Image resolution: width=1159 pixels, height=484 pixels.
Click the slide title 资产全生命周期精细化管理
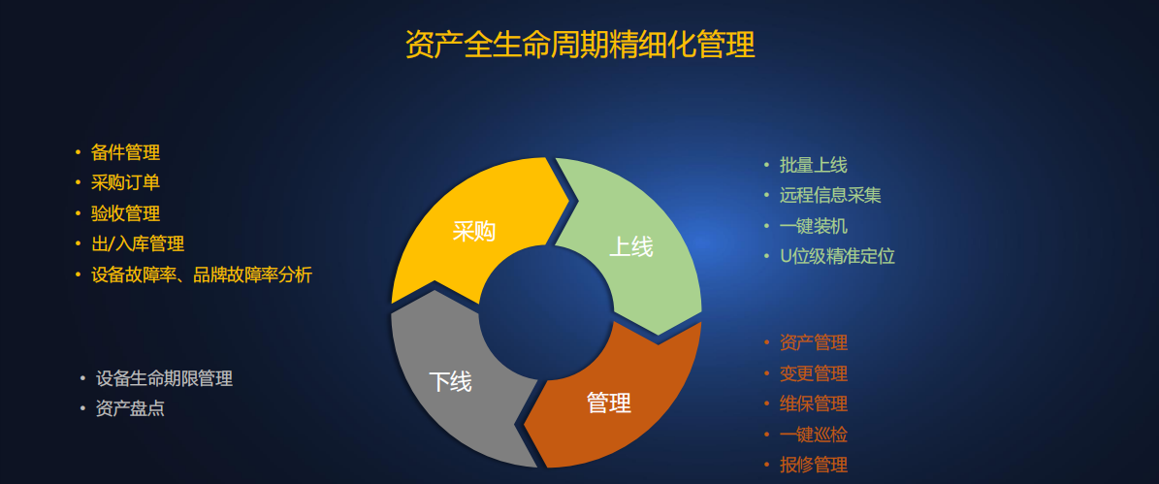point(580,45)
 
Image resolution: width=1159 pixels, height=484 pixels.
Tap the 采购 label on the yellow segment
point(474,231)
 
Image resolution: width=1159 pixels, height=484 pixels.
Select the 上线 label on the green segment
point(630,246)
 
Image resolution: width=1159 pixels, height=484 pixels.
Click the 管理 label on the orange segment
point(608,403)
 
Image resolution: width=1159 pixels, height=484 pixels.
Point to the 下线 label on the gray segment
point(450,381)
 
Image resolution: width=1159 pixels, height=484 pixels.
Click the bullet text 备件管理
point(126,153)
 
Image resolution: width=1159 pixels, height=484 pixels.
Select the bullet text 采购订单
point(126,183)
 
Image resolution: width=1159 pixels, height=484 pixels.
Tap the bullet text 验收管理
point(126,213)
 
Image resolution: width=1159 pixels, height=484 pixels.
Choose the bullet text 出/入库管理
point(138,243)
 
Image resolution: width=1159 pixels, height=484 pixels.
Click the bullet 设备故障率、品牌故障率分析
point(202,274)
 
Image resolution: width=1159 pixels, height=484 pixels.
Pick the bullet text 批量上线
point(813,165)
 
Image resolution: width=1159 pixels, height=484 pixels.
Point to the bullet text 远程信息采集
point(830,195)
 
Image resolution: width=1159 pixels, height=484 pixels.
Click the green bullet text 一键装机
point(813,226)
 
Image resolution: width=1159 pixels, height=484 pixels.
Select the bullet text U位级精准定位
point(837,256)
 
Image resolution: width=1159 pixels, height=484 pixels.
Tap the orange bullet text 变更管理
point(813,373)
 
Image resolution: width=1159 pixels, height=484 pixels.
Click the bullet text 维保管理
point(813,404)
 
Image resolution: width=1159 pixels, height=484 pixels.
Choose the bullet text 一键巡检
point(813,435)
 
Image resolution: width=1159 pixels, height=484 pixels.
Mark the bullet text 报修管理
point(813,465)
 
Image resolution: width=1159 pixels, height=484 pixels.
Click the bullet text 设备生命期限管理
point(164,378)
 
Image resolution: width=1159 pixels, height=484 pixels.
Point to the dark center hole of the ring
point(546,312)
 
